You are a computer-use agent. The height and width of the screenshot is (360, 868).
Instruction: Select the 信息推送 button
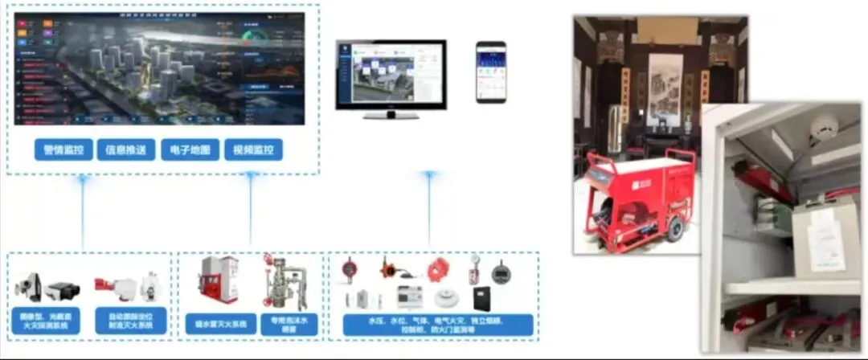click(125, 150)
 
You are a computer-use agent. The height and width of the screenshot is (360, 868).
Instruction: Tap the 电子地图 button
click(190, 150)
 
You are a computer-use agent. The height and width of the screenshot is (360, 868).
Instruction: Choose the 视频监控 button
click(253, 150)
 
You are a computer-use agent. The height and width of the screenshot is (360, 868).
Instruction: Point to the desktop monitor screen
click(391, 72)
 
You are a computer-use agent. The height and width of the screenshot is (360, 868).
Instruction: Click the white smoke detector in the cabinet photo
click(824, 129)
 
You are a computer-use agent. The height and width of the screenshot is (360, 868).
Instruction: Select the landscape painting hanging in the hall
click(665, 89)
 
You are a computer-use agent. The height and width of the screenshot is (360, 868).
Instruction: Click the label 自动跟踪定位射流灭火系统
click(131, 320)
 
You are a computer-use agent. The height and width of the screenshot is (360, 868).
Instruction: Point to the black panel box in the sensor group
click(482, 298)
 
